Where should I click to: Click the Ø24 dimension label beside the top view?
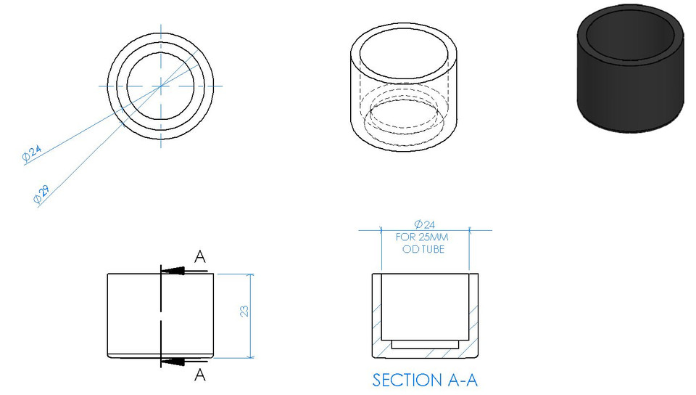click(32, 153)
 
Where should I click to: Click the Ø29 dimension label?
click(41, 193)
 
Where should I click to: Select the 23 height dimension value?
click(245, 311)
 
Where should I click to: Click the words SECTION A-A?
click(425, 380)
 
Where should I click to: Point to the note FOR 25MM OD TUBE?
click(423, 243)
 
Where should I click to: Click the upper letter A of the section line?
click(200, 256)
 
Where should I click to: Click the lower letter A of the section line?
click(200, 375)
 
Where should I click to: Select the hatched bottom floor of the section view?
click(426, 352)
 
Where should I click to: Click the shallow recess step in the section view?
click(426, 343)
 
